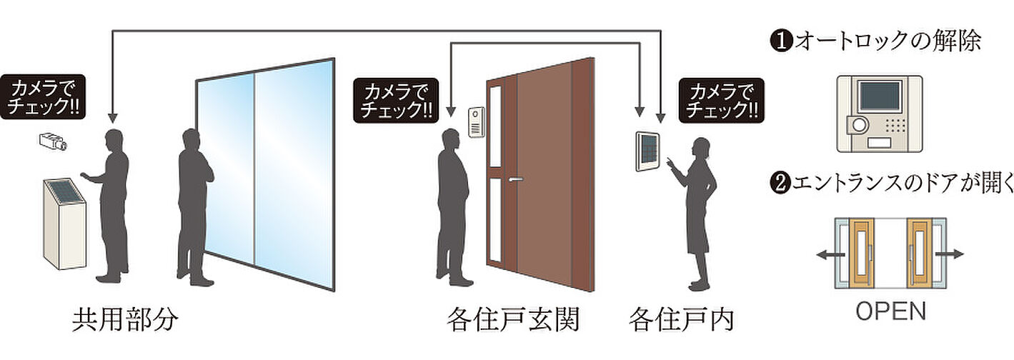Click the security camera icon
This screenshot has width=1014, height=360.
pyautogui.click(x=53, y=141)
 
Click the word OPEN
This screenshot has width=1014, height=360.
pyautogui.click(x=890, y=311)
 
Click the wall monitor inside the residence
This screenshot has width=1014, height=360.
pyautogui.click(x=647, y=151)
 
